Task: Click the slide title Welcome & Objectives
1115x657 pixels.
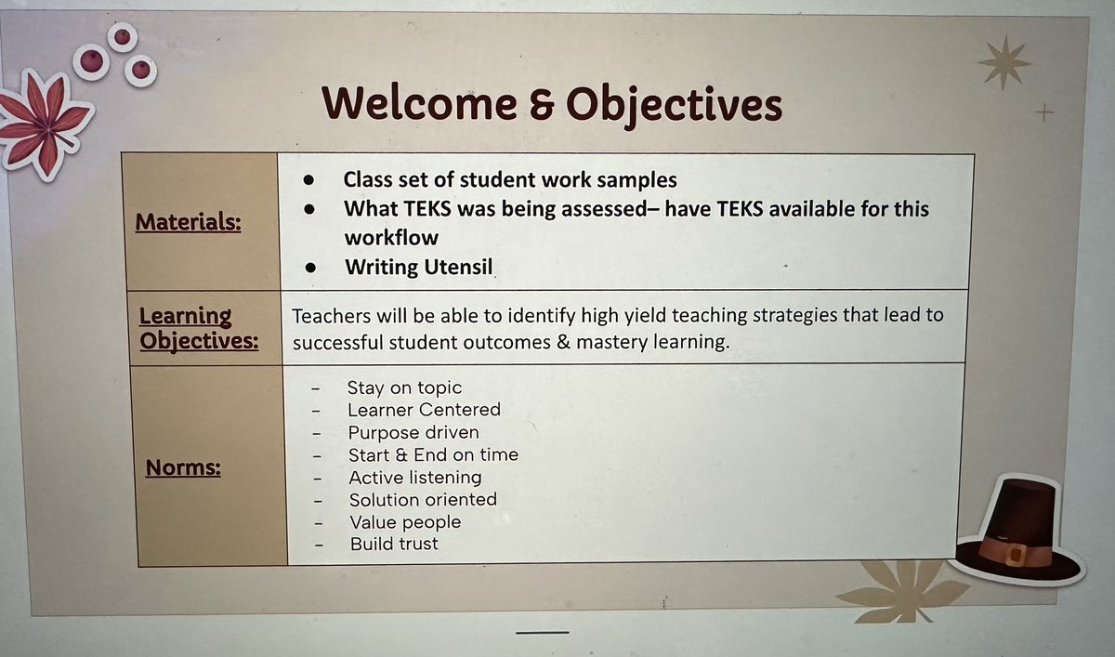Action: click(552, 104)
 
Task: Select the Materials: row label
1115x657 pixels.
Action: click(188, 223)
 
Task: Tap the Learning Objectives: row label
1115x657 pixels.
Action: click(198, 329)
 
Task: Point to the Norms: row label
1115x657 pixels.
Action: click(183, 467)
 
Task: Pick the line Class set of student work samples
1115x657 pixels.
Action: click(510, 179)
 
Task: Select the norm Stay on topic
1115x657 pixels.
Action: click(404, 388)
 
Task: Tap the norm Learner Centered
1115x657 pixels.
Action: click(424, 410)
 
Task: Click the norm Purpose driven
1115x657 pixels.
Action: click(413, 433)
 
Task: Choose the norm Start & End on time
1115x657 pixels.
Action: click(433, 455)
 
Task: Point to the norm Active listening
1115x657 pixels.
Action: click(414, 478)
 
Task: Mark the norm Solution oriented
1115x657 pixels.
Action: click(423, 500)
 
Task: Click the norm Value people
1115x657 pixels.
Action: click(404, 522)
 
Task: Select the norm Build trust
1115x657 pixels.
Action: click(394, 545)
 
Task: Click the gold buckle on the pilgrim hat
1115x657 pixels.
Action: click(1016, 555)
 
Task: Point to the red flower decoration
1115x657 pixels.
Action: click(43, 123)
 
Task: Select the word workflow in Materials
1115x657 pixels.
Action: click(391, 237)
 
